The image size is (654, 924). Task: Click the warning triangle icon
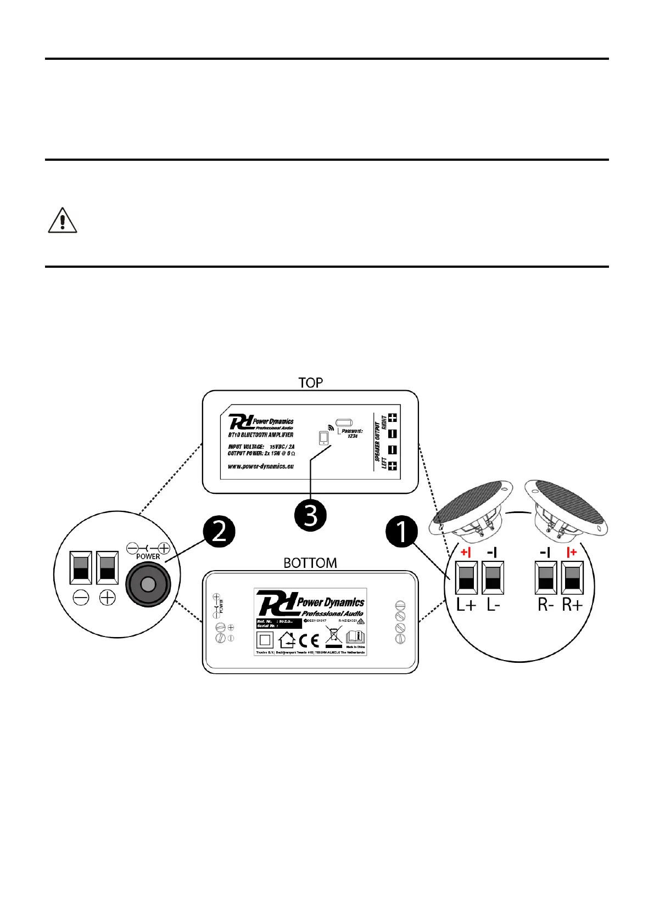pos(63,221)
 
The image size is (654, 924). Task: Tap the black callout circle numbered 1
pos(402,531)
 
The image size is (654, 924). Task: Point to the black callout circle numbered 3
pos(310,515)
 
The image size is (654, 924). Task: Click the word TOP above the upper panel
pos(310,382)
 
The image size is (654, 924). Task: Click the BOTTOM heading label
pos(310,563)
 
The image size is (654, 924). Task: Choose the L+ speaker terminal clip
pos(466,578)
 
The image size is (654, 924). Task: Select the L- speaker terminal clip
pos(493,578)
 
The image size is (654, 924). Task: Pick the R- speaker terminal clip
pos(546,578)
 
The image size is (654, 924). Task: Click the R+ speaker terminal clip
pos(572,578)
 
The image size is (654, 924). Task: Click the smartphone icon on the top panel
pos(323,438)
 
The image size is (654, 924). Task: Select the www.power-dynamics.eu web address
pos(261,466)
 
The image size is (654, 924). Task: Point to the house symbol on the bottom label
pos(287,640)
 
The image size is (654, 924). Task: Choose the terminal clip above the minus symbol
pos(81,568)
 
